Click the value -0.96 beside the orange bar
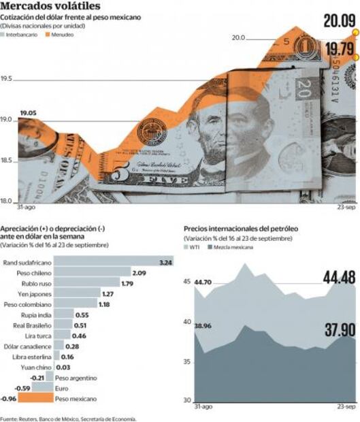coord(9,398)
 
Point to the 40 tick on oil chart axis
coord(189,322)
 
